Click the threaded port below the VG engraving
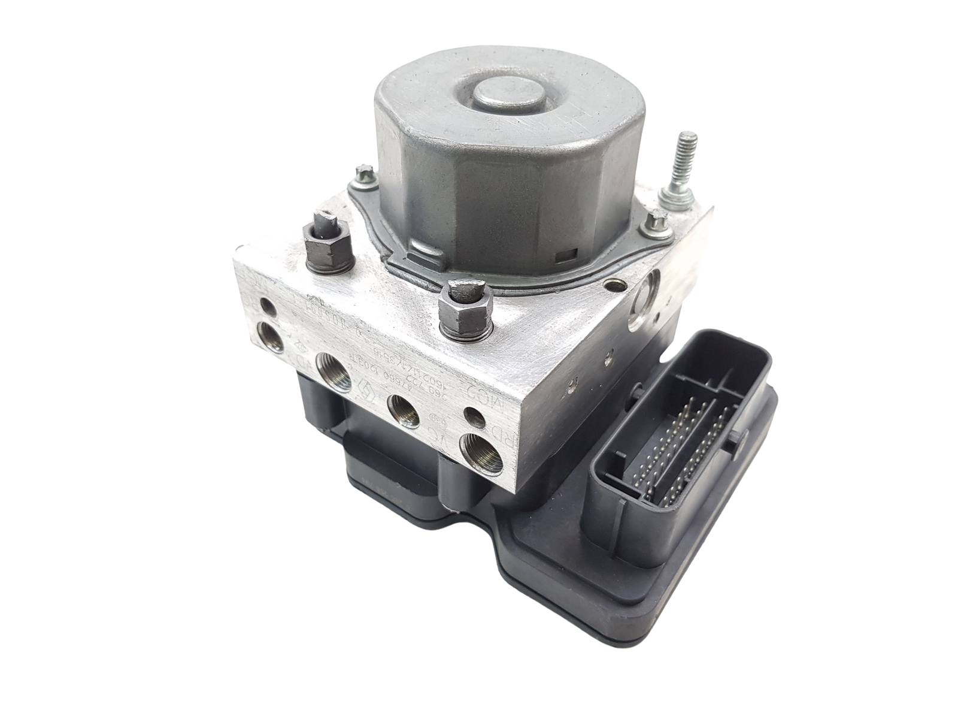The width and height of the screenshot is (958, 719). [x=474, y=450]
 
